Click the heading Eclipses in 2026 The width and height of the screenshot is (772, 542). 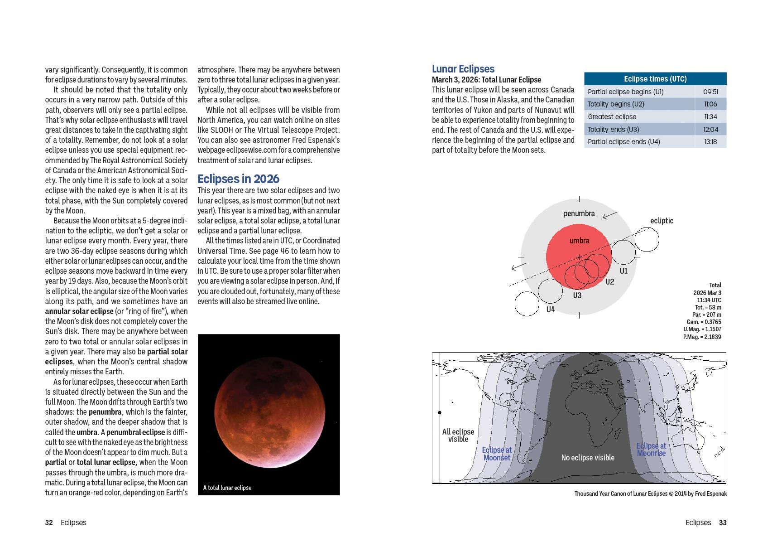[238, 179]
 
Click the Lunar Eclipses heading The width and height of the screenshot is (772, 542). [463, 69]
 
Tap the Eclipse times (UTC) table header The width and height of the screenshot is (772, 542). [655, 79]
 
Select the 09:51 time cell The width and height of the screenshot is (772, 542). [710, 92]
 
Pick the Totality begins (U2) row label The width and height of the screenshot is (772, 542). [616, 104]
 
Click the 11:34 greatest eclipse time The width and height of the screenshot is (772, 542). [710, 117]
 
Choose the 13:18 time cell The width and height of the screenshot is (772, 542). [710, 142]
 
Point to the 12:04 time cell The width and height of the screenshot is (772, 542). [710, 130]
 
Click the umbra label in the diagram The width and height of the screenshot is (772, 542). [579, 241]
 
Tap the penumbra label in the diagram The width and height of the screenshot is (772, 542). [579, 213]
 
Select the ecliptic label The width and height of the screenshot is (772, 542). [662, 221]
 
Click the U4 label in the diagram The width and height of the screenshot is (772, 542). [550, 310]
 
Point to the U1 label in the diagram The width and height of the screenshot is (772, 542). [623, 271]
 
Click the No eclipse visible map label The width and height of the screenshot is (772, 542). [588, 458]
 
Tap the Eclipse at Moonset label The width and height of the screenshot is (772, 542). [497, 454]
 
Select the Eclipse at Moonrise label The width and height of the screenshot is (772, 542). [651, 450]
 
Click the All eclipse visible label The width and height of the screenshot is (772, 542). [458, 436]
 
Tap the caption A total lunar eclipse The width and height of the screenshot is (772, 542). [227, 488]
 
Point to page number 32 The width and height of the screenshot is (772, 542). [49, 523]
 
